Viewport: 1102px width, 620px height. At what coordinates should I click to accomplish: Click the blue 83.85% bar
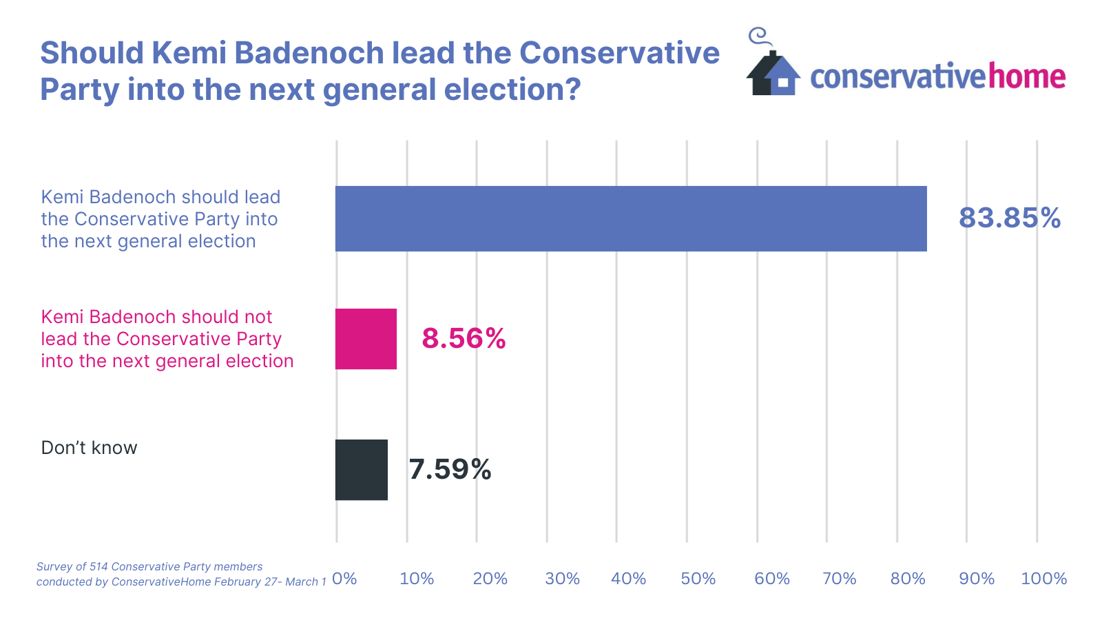point(630,218)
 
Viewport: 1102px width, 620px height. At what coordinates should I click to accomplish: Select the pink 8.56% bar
point(366,339)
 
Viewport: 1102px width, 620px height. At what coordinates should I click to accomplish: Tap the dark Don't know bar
point(361,470)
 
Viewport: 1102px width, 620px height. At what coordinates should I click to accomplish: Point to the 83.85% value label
point(1009,218)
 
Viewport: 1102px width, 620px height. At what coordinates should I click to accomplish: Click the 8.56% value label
point(464,338)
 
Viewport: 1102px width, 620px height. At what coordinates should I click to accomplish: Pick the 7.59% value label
point(450,470)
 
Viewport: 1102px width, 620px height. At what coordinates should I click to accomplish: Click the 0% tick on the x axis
point(344,579)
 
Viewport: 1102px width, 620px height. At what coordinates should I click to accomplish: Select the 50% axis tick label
point(698,579)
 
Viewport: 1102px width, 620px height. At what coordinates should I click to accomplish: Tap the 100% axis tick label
point(1043,579)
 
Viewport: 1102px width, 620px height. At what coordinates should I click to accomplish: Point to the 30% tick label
point(562,579)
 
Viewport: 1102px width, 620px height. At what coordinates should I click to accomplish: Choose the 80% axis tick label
point(907,579)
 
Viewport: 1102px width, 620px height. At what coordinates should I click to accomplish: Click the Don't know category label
point(89,448)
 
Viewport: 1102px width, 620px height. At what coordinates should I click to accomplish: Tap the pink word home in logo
point(1027,76)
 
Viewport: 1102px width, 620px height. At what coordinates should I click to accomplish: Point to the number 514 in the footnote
point(98,567)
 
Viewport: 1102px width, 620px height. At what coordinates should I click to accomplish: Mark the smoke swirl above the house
point(758,37)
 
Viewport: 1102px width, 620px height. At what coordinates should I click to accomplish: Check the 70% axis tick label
point(839,579)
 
